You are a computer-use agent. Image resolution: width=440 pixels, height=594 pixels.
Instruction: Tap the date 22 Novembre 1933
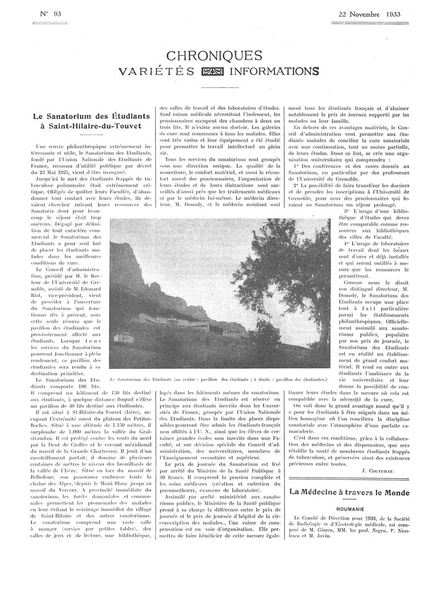tap(369, 14)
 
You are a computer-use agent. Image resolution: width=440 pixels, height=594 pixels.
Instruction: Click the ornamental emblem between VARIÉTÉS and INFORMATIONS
tap(211, 71)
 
